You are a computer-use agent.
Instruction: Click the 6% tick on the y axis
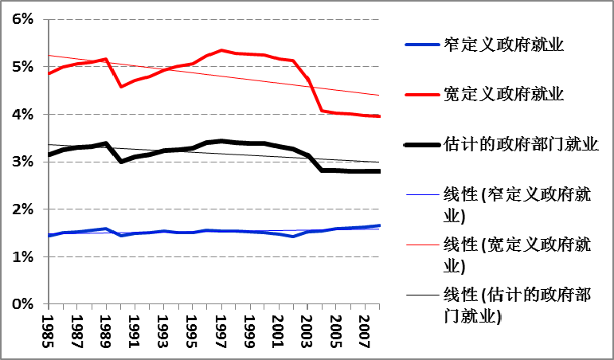[x=22, y=20]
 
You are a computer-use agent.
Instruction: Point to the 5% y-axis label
[x=22, y=67]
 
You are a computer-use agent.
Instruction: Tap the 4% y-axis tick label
[x=22, y=115]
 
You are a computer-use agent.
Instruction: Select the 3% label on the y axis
[x=22, y=162]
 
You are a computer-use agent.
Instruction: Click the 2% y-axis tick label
[x=22, y=209]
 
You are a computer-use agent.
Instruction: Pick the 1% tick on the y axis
[x=22, y=256]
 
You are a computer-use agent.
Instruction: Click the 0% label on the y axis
[x=22, y=304]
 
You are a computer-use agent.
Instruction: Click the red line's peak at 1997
[x=221, y=50]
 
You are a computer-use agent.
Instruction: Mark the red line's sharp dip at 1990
[x=121, y=86]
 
